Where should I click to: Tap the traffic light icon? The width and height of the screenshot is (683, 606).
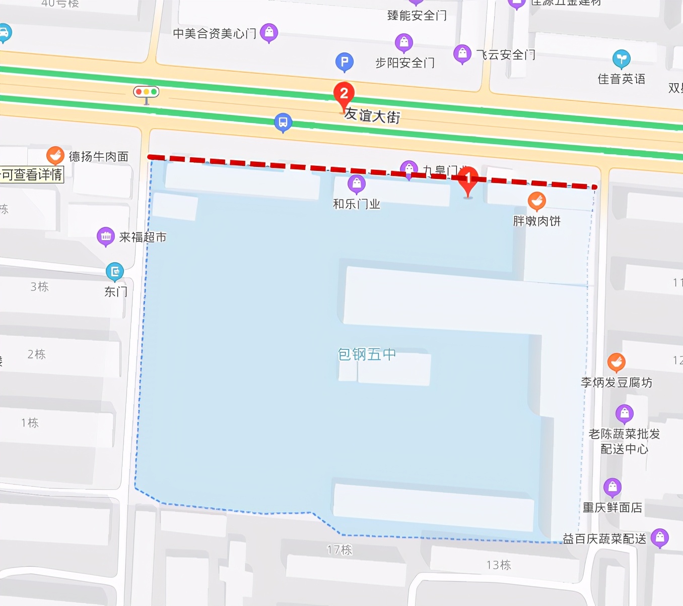146,92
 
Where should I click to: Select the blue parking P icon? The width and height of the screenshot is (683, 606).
345,62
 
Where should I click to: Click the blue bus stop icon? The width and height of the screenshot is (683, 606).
283,122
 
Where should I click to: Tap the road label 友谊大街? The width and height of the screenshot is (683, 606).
372,115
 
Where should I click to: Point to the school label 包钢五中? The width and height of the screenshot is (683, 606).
367,354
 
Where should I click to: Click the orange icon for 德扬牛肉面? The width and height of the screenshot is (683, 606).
55,155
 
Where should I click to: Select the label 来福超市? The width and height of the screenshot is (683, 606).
143,237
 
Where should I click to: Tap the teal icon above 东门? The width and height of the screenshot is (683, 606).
115,271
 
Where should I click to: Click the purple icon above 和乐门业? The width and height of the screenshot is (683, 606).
357,184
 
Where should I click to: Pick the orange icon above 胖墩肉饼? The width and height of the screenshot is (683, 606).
537,201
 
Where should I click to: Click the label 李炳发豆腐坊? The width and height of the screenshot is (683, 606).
617,383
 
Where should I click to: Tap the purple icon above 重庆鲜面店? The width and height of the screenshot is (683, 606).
612,487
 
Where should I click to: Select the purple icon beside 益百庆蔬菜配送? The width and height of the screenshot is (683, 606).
660,537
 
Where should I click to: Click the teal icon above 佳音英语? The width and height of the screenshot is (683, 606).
622,59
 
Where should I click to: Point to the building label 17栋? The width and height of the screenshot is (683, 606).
339,550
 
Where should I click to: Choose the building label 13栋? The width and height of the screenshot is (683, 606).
499,565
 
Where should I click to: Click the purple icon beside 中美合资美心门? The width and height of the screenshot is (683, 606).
269,33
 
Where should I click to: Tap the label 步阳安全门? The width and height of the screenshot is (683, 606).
405,63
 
